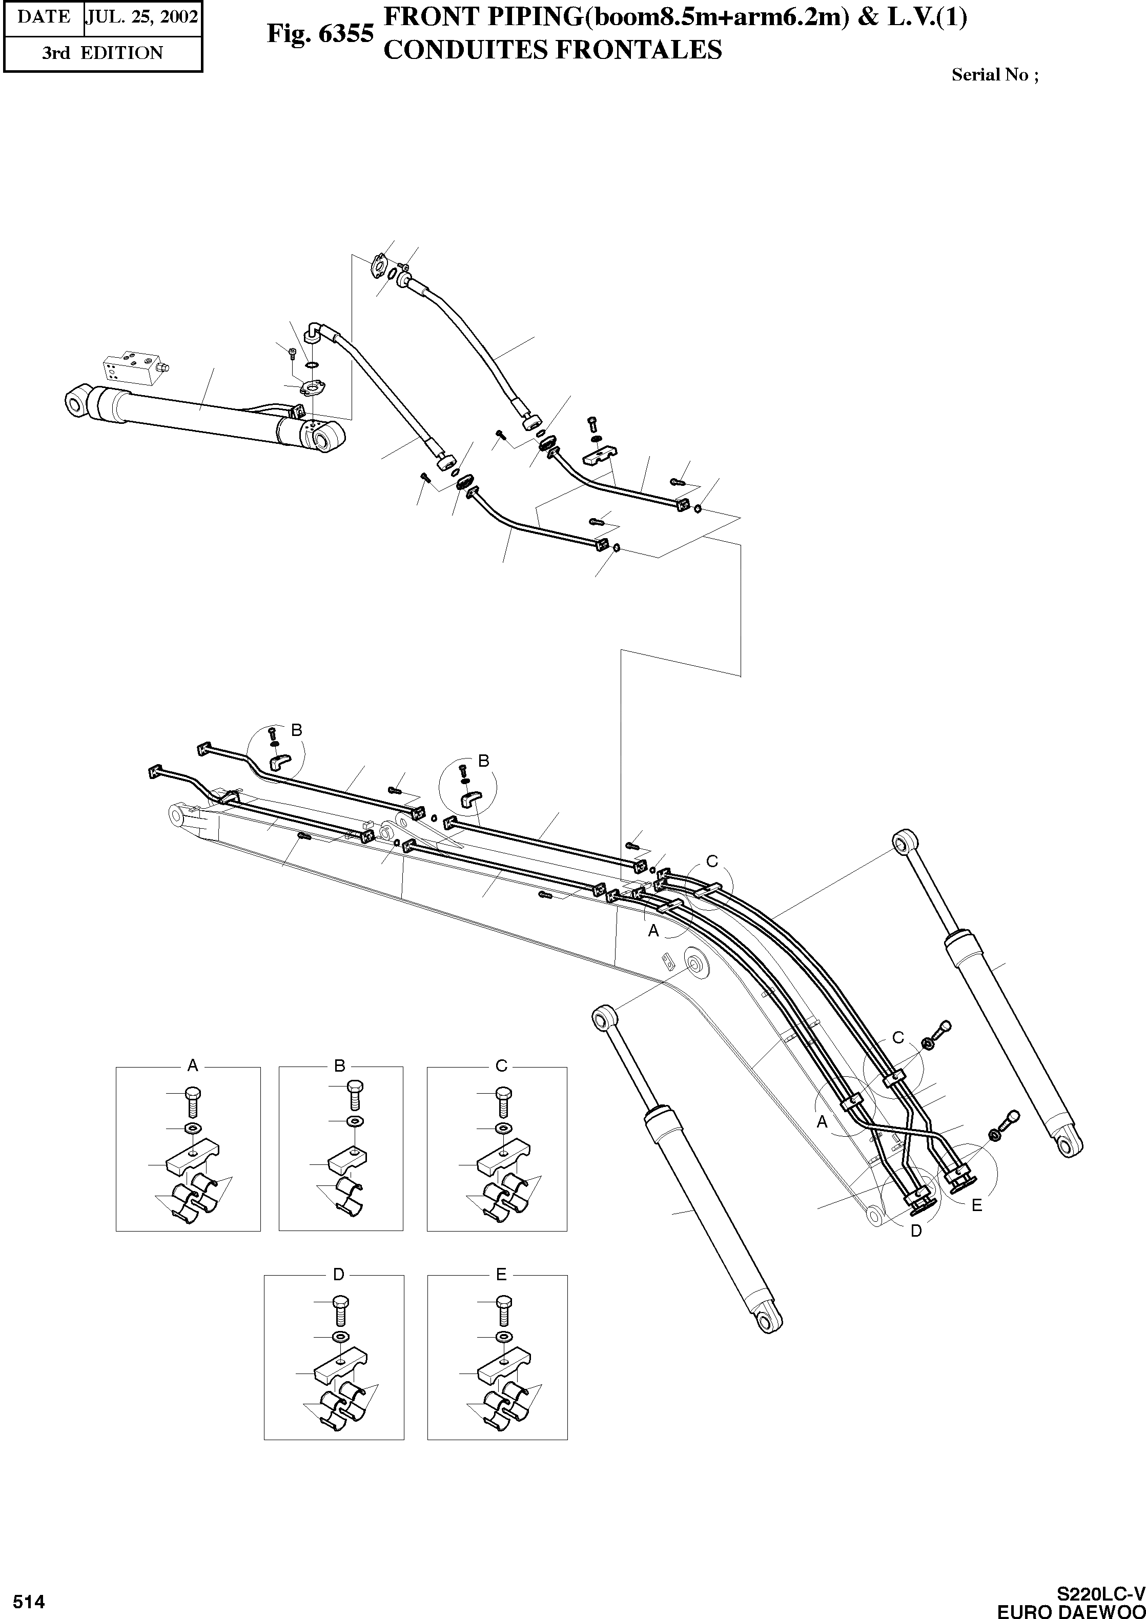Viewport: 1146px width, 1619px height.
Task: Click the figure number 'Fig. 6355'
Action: tap(320, 34)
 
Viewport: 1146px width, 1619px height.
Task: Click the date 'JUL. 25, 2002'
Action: tap(142, 17)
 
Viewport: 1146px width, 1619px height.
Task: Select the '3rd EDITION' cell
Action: tap(103, 53)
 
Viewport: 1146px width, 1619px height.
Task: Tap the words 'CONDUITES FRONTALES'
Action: tap(552, 50)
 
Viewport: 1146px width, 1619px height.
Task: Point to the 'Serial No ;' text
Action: tap(994, 75)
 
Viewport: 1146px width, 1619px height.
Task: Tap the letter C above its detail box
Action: tap(501, 1065)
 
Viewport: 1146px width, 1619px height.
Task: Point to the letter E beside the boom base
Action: tap(977, 1205)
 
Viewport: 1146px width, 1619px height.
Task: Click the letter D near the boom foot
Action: tap(916, 1231)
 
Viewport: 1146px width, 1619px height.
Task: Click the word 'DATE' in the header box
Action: tap(43, 17)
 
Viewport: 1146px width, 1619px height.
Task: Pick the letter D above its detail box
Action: tap(339, 1274)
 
